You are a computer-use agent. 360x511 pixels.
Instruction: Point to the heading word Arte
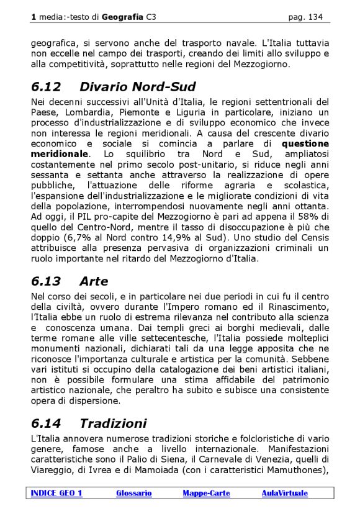tap(93, 281)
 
